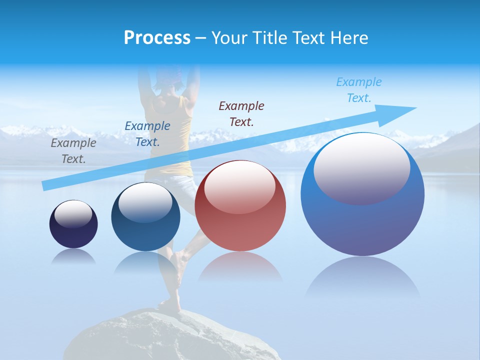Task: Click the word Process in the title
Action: (x=157, y=38)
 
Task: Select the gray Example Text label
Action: (x=73, y=151)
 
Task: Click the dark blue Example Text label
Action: (x=147, y=134)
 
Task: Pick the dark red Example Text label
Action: (x=241, y=113)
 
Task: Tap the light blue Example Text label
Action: (x=359, y=90)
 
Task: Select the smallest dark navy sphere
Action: (x=73, y=235)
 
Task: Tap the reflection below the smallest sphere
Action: (x=73, y=256)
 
